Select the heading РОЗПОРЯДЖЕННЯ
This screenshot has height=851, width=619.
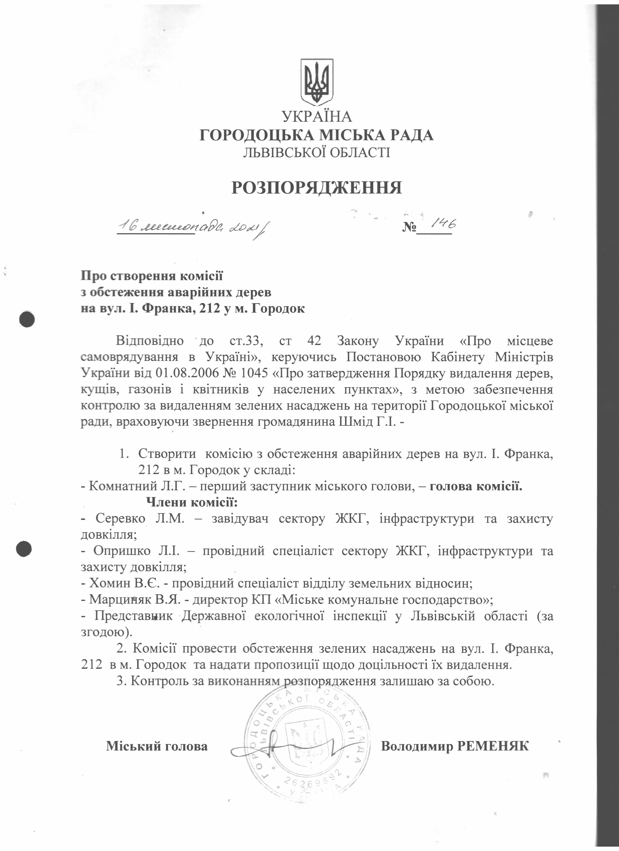point(317,188)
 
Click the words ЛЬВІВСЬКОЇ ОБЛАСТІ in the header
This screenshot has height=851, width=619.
point(317,152)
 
